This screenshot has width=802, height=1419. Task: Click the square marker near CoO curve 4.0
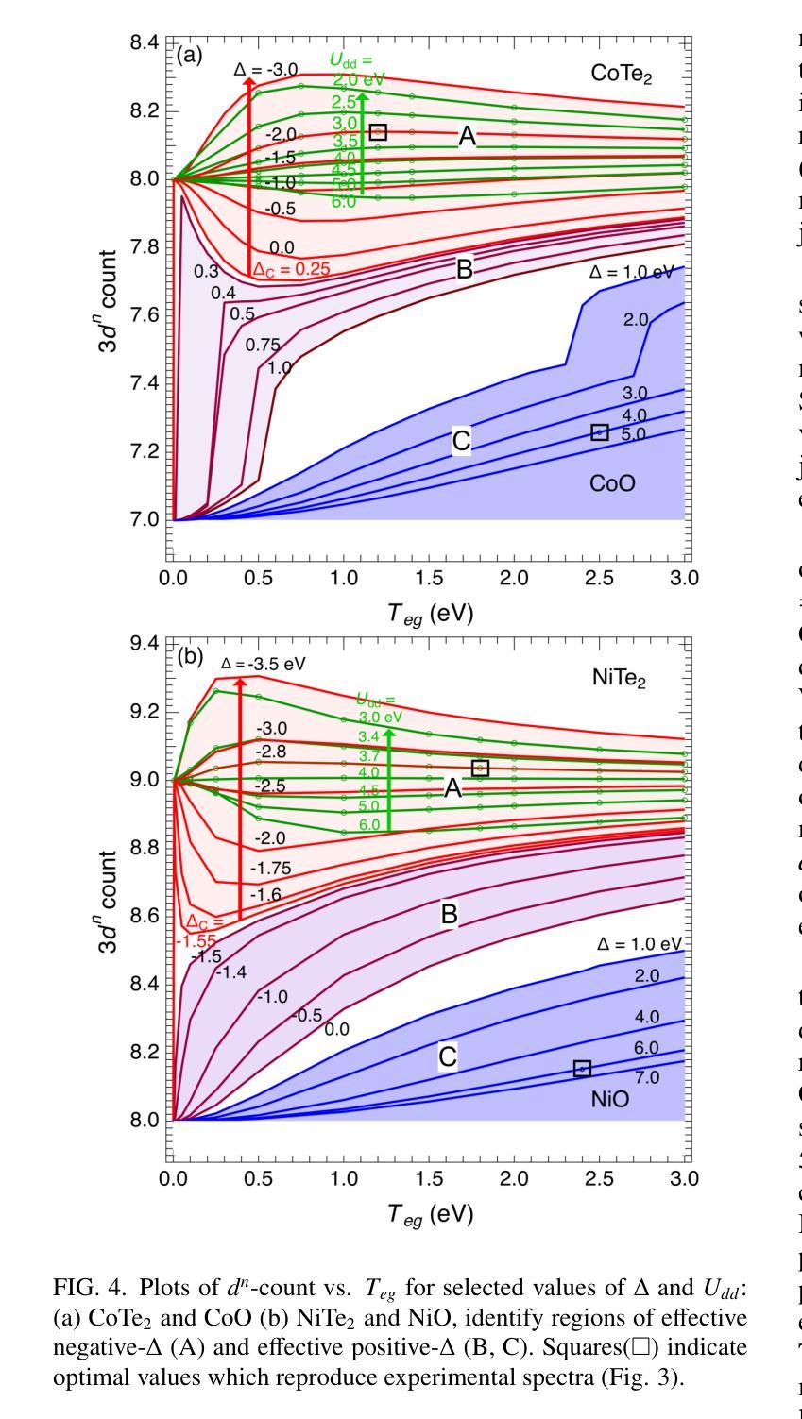599,432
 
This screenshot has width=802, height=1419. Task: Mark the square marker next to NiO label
582,1068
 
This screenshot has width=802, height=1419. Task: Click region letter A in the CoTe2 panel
467,138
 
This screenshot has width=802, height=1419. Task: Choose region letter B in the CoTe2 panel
464,270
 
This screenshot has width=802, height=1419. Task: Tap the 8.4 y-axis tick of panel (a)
150,42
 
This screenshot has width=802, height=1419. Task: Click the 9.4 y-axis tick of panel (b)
150,643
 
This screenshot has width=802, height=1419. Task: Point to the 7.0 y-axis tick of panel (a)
150,520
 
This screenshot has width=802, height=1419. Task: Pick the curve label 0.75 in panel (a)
263,345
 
